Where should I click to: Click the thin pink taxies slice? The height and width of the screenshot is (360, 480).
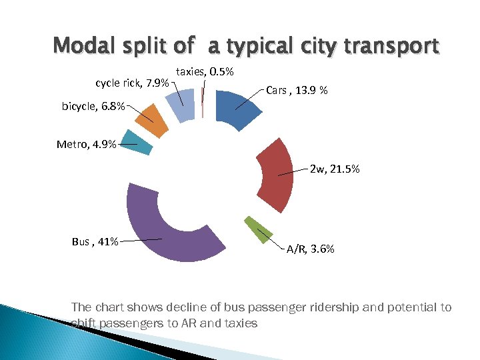202,103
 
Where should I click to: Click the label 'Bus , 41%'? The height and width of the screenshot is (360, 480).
95,241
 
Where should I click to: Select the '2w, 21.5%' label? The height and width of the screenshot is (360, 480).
335,170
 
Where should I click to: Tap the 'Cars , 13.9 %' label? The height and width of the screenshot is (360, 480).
297,90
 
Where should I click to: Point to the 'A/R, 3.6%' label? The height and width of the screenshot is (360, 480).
311,249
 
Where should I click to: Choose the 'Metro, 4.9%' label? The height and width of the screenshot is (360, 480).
87,144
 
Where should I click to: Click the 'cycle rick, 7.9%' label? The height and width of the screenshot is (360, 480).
132,83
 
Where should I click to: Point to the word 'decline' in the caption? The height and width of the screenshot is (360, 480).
175,307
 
